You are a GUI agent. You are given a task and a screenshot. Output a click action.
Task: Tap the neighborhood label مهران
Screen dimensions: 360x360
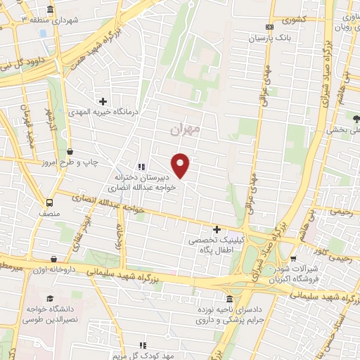pos(186,129)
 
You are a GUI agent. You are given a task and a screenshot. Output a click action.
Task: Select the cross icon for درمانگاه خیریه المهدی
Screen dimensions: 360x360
pos(103,102)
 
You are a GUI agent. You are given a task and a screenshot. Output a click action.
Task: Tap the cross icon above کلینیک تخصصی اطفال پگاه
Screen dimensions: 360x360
pos(217,229)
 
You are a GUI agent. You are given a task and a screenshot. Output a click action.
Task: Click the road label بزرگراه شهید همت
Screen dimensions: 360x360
pos(106,42)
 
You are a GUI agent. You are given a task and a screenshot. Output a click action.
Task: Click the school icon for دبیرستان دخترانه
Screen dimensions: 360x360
pos(141,167)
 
